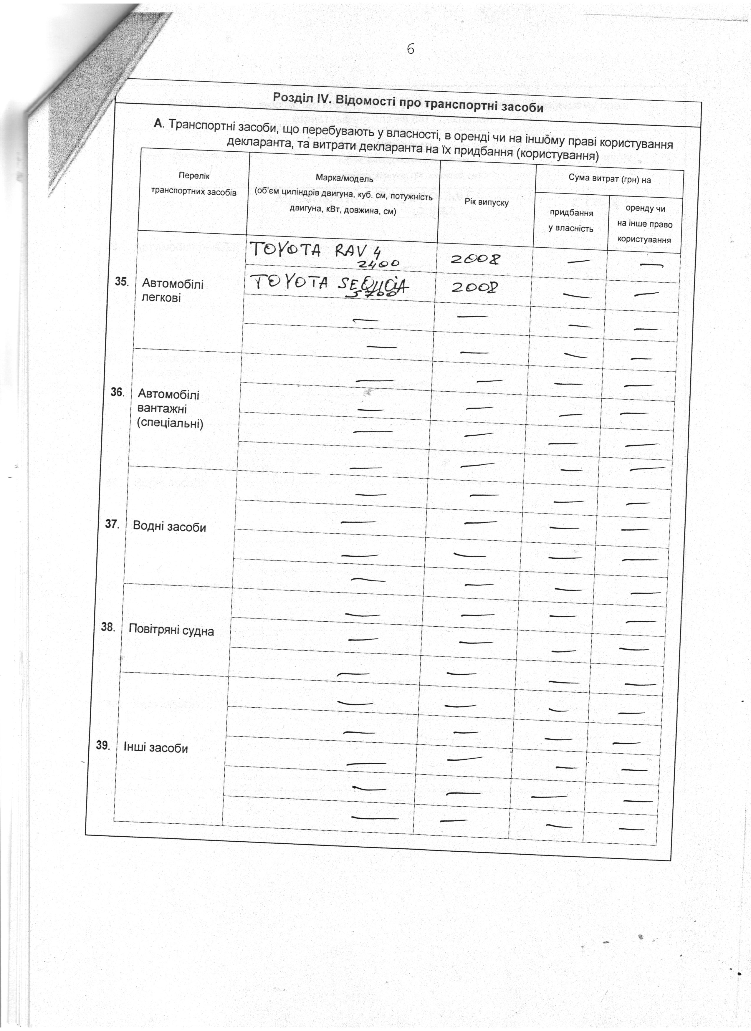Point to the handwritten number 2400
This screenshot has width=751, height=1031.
[x=379, y=264]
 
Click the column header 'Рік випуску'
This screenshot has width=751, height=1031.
[x=486, y=201]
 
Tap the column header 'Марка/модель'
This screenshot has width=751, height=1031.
[x=344, y=179]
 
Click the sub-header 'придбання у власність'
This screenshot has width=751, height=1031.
[x=571, y=221]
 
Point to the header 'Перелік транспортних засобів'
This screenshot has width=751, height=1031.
[x=194, y=184]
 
